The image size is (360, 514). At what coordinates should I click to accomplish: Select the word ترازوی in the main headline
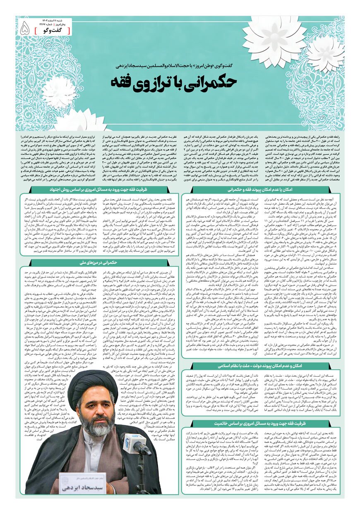coord(164,81)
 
